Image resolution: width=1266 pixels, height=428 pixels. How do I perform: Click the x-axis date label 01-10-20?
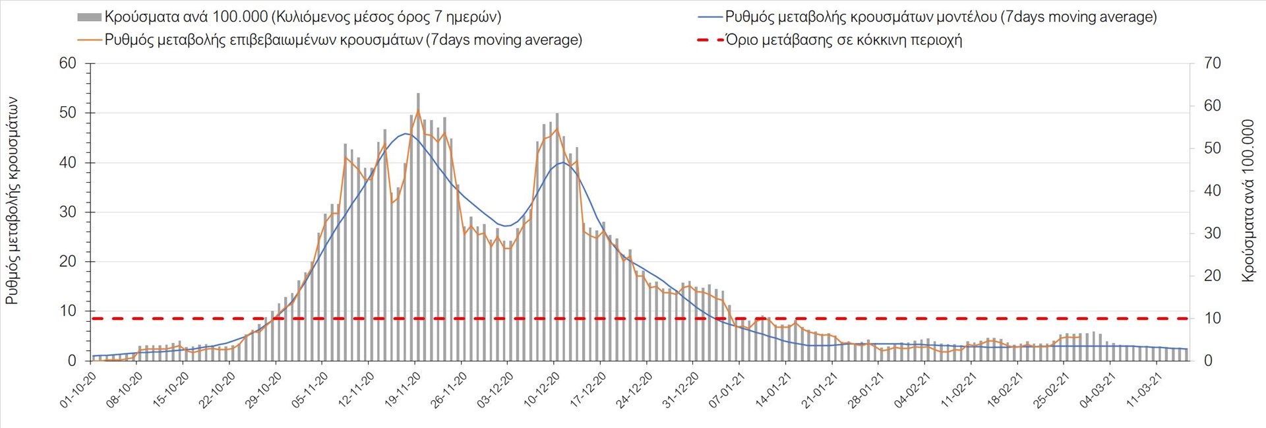coord(78,390)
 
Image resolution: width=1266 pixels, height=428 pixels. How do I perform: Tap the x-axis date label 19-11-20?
coord(403,390)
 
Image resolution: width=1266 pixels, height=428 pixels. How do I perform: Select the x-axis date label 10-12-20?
coord(542,390)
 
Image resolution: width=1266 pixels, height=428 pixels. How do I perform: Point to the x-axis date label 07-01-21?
coord(727,390)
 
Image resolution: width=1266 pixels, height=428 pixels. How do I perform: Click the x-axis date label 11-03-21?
coord(1145,390)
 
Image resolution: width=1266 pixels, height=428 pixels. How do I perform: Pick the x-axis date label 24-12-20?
coord(635,390)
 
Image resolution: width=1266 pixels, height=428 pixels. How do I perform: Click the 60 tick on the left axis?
coord(68,63)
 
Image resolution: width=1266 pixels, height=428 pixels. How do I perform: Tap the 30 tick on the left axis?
coord(68,212)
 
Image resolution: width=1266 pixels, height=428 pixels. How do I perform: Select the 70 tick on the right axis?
coord(1213,63)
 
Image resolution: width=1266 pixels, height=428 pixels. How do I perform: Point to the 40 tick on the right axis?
coord(1213,191)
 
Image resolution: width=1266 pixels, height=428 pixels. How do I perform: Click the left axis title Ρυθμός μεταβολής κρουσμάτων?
coord(12,201)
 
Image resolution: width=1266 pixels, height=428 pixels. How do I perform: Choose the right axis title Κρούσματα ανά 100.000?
coord(1248,201)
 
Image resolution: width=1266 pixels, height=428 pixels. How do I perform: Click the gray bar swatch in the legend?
coord(89,17)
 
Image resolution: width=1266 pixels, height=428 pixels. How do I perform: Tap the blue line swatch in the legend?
coord(709,17)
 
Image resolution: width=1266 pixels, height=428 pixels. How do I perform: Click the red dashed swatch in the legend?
coord(709,40)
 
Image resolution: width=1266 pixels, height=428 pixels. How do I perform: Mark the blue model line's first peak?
coord(406,134)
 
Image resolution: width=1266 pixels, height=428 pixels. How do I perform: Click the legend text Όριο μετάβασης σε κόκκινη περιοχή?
coord(843,40)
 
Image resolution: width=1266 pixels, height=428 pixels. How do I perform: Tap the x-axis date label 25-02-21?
coord(1052,390)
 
